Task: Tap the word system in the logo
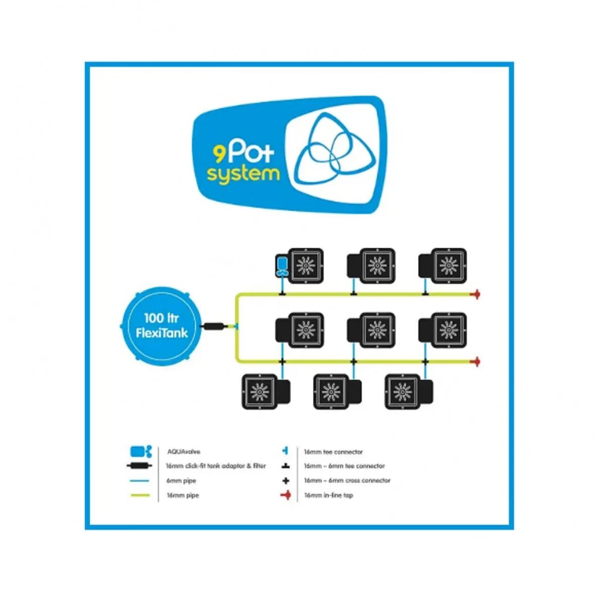click(243, 174)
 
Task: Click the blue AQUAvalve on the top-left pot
click(282, 265)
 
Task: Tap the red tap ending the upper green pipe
click(475, 294)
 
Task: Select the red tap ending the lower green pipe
click(475, 361)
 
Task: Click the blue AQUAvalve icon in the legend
click(140, 451)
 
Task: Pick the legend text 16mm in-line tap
click(328, 495)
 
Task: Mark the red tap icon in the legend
click(286, 495)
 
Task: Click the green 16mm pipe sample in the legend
click(140, 495)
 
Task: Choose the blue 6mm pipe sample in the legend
click(140, 481)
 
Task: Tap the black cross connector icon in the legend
click(286, 481)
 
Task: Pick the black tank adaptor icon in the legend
click(140, 466)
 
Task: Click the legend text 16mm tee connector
click(333, 452)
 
